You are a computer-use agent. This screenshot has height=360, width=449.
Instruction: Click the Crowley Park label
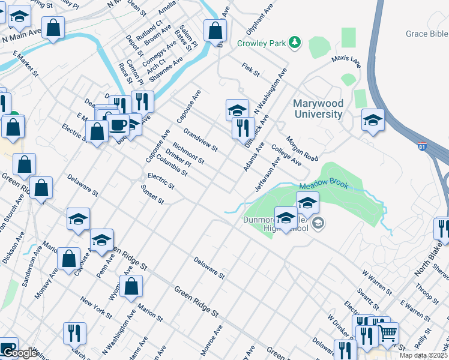tap(261, 43)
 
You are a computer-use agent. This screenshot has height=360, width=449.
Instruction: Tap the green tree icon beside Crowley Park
tap(294, 42)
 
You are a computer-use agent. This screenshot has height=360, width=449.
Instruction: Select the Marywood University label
tap(318, 109)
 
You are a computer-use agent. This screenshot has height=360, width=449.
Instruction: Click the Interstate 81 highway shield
tap(423, 146)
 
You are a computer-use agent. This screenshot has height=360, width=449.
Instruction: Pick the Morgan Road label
tap(301, 148)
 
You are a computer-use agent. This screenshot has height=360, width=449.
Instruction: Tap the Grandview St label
tap(200, 139)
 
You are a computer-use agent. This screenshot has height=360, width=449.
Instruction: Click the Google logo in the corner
tap(20, 353)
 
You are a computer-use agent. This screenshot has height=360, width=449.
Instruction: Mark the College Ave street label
tap(286, 154)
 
